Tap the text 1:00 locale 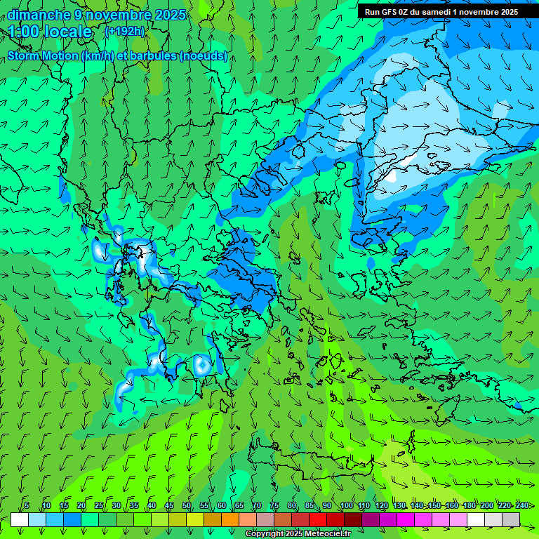(x=51, y=32)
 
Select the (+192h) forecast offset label (x=124, y=31)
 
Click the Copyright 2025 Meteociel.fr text (x=298, y=534)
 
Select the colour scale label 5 (x=27, y=506)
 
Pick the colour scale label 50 (x=186, y=506)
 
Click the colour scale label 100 (x=346, y=506)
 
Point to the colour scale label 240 (x=522, y=506)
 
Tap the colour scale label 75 (x=274, y=506)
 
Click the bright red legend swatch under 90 (x=318, y=519)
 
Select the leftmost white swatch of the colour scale (x=20, y=519)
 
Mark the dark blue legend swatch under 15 (x=72, y=519)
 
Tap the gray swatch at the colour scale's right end (x=511, y=519)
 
